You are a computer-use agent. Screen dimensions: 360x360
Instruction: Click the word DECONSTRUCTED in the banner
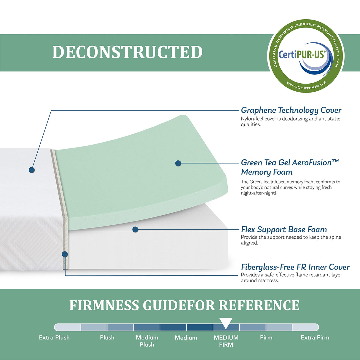[128, 52]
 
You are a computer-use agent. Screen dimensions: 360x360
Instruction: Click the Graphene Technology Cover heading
[291, 110]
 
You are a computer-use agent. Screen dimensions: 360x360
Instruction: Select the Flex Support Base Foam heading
[284, 230]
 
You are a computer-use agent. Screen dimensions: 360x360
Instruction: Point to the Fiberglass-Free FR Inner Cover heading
[295, 267]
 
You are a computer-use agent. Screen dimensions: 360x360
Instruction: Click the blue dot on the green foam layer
[178, 163]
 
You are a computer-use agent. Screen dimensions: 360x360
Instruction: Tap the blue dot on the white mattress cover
[32, 170]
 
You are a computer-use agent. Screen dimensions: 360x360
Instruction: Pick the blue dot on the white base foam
[136, 229]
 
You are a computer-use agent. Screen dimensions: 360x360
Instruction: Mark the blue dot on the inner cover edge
[65, 254]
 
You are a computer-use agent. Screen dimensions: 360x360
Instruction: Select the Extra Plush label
[54, 337]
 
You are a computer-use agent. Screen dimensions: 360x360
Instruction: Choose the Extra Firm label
[315, 337]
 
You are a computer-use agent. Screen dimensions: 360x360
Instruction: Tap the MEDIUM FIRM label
[226, 341]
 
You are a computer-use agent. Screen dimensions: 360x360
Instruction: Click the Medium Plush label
[147, 341]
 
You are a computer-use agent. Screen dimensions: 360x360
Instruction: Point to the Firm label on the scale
[266, 337]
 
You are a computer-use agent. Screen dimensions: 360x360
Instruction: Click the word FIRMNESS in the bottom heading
[104, 306]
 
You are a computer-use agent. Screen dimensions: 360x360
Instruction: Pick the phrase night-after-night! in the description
[258, 193]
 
